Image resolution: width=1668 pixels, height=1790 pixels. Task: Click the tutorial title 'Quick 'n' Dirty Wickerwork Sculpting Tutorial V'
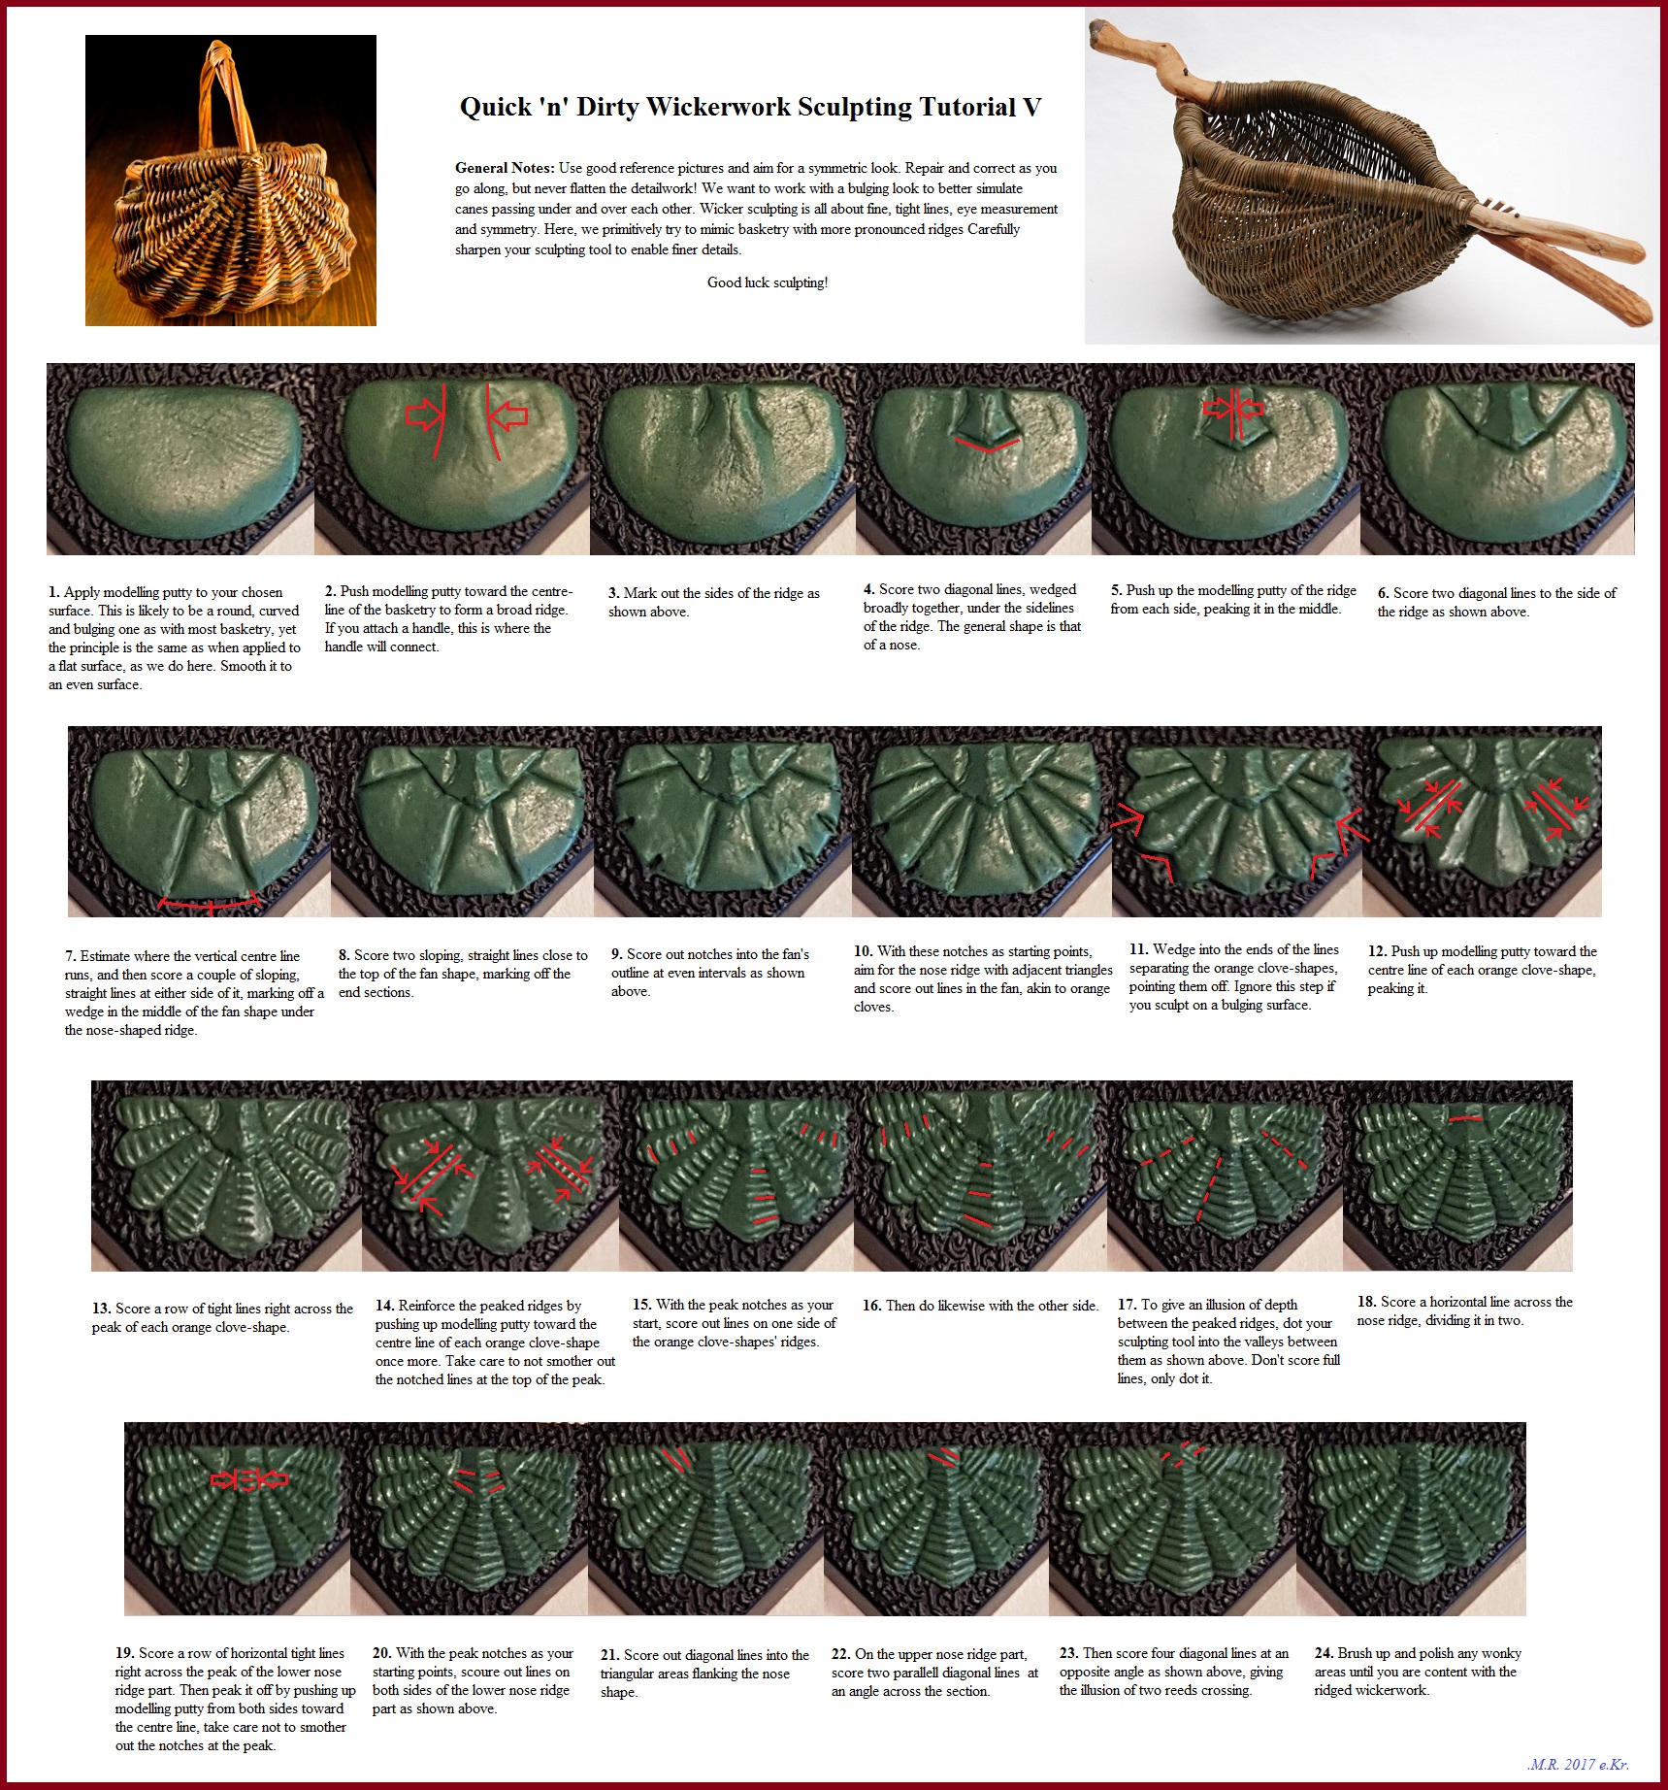(x=750, y=107)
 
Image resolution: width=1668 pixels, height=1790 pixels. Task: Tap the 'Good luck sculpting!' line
(x=768, y=282)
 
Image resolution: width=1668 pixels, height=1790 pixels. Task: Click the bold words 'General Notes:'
(x=505, y=168)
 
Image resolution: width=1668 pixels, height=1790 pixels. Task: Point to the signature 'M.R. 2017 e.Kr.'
(x=1578, y=1765)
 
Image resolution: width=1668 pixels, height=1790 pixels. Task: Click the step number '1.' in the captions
(x=54, y=592)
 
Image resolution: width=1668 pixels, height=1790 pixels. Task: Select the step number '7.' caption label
(x=71, y=956)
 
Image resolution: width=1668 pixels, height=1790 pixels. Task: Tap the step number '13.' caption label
(x=102, y=1309)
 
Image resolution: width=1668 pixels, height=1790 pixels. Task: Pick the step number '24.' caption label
(x=1325, y=1653)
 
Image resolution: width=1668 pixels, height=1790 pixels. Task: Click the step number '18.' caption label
(x=1367, y=1302)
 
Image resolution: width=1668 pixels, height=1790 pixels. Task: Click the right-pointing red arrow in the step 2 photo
(x=423, y=415)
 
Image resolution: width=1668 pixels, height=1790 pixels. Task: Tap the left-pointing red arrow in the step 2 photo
(x=507, y=415)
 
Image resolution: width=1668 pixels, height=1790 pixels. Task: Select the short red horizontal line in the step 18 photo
(x=1466, y=1118)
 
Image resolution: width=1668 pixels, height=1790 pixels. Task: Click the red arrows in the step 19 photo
(x=249, y=1479)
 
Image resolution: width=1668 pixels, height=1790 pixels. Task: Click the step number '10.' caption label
(x=864, y=951)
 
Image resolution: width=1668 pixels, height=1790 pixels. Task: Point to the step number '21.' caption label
(x=610, y=1655)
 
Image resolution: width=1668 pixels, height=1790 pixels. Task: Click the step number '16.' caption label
(x=872, y=1306)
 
